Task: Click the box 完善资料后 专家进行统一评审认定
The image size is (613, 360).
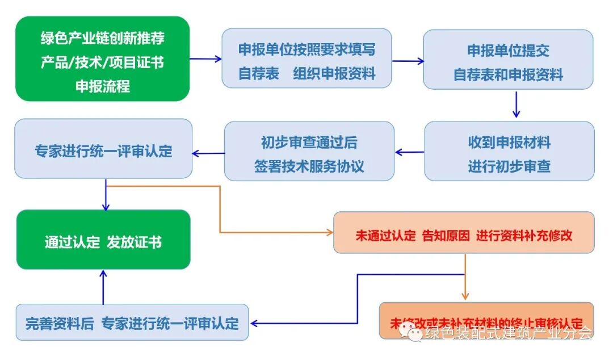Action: coord(132,322)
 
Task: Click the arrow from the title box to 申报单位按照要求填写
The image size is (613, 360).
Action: coord(205,58)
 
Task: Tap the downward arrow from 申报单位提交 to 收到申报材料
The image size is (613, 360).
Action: coord(516,104)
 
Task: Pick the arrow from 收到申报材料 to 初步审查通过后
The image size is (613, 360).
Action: coord(409,152)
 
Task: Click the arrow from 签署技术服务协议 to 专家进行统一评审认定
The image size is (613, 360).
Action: coord(208,152)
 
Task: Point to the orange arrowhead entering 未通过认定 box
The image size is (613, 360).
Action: coord(329,232)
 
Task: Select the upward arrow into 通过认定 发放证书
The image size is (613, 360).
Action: coord(103,287)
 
